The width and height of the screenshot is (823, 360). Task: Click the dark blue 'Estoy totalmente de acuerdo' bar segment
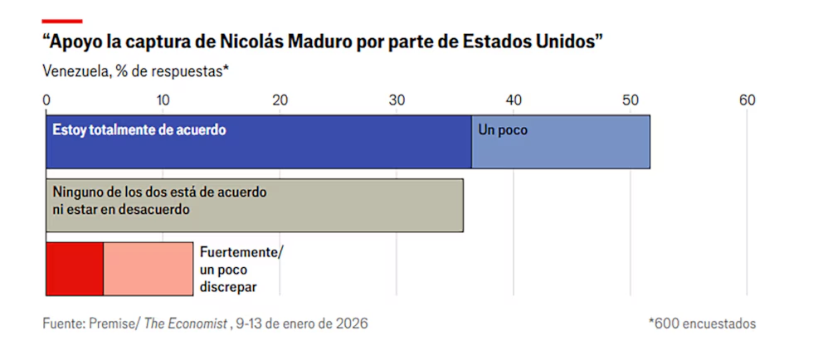tap(258, 143)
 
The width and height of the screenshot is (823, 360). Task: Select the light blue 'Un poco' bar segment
tap(561, 143)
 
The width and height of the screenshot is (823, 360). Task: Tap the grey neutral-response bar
tap(254, 204)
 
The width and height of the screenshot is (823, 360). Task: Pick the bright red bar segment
tap(74, 268)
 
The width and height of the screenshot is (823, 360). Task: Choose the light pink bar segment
tap(148, 268)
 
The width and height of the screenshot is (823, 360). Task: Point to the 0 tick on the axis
tap(46, 100)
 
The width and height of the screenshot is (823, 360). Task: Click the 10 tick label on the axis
tap(163, 100)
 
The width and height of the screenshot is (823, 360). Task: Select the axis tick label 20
tap(280, 100)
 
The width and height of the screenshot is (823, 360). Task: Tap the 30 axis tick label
tap(397, 100)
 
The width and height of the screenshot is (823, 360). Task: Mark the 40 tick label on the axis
tap(514, 100)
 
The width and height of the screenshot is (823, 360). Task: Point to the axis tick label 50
tap(631, 100)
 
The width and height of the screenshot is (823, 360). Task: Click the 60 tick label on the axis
tap(748, 100)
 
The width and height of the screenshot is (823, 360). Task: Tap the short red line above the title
tap(62, 20)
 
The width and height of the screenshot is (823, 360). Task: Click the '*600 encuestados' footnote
tap(702, 323)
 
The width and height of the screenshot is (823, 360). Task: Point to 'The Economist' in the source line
tap(186, 323)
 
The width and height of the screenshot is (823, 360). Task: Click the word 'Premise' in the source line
tap(114, 323)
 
